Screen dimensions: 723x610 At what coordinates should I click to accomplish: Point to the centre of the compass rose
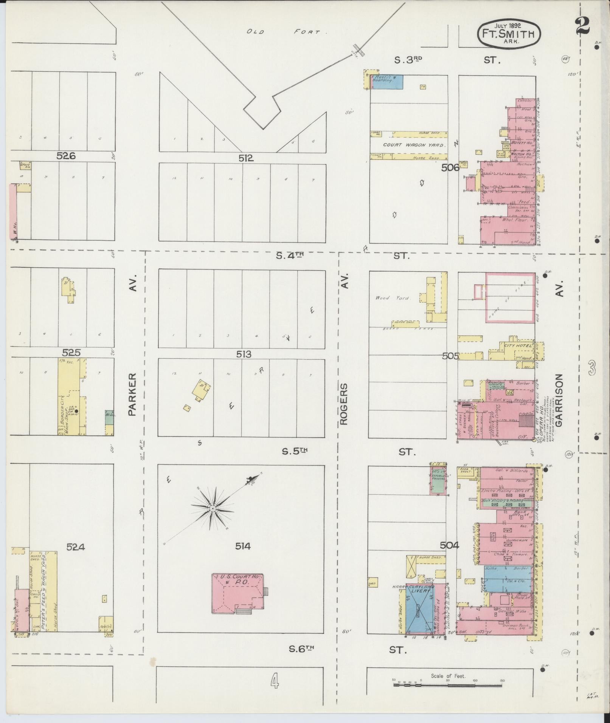[213, 509]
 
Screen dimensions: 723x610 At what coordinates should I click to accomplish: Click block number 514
[242, 546]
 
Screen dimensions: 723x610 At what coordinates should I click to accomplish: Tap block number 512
[245, 158]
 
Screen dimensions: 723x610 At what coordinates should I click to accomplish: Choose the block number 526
[66, 155]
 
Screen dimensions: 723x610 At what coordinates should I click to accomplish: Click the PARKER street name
[132, 394]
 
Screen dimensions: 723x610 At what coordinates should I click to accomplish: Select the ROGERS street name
[344, 404]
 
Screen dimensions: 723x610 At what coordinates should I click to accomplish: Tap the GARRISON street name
[559, 400]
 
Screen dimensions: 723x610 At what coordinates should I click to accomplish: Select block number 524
[75, 547]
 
